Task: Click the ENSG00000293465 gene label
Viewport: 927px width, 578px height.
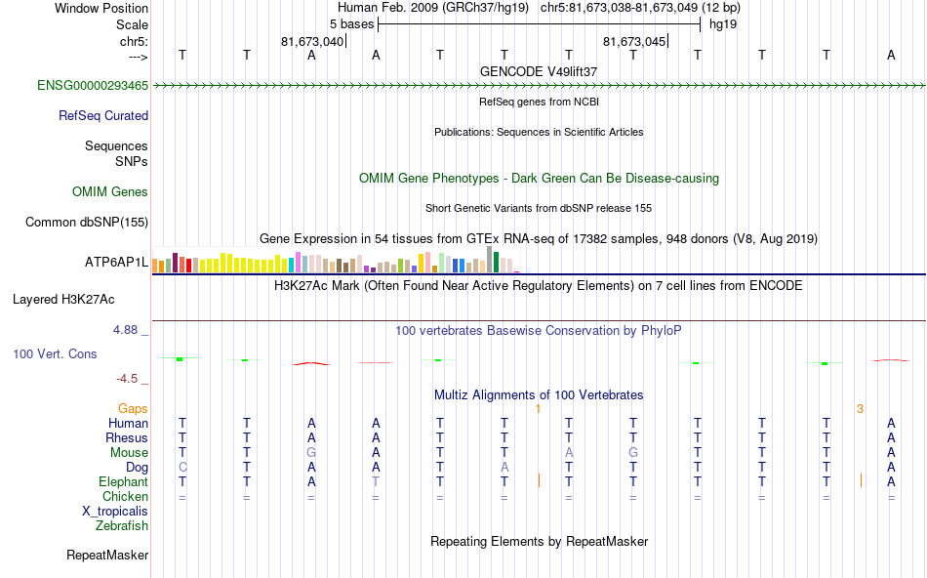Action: tap(93, 86)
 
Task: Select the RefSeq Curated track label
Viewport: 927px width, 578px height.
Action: tap(103, 115)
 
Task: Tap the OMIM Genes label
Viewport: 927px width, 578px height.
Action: tap(110, 191)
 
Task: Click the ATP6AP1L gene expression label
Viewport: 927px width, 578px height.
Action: tap(116, 263)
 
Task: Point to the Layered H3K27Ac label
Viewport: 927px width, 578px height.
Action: tap(80, 299)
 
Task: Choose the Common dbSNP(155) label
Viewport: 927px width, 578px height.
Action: tap(87, 222)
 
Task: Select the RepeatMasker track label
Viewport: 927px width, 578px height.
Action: tap(107, 556)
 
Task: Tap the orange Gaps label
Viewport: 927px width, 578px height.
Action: tap(133, 408)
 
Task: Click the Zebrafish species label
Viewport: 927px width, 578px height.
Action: tap(122, 526)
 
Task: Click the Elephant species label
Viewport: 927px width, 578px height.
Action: tap(123, 482)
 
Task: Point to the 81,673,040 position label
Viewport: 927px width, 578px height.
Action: tap(312, 42)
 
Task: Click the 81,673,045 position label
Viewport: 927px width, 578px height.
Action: tap(635, 42)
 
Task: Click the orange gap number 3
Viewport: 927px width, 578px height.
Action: tap(860, 408)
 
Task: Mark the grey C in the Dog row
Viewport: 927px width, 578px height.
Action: tap(182, 467)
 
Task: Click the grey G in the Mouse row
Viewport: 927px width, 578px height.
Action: tap(311, 453)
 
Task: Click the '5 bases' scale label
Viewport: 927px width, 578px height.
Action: tap(351, 23)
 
